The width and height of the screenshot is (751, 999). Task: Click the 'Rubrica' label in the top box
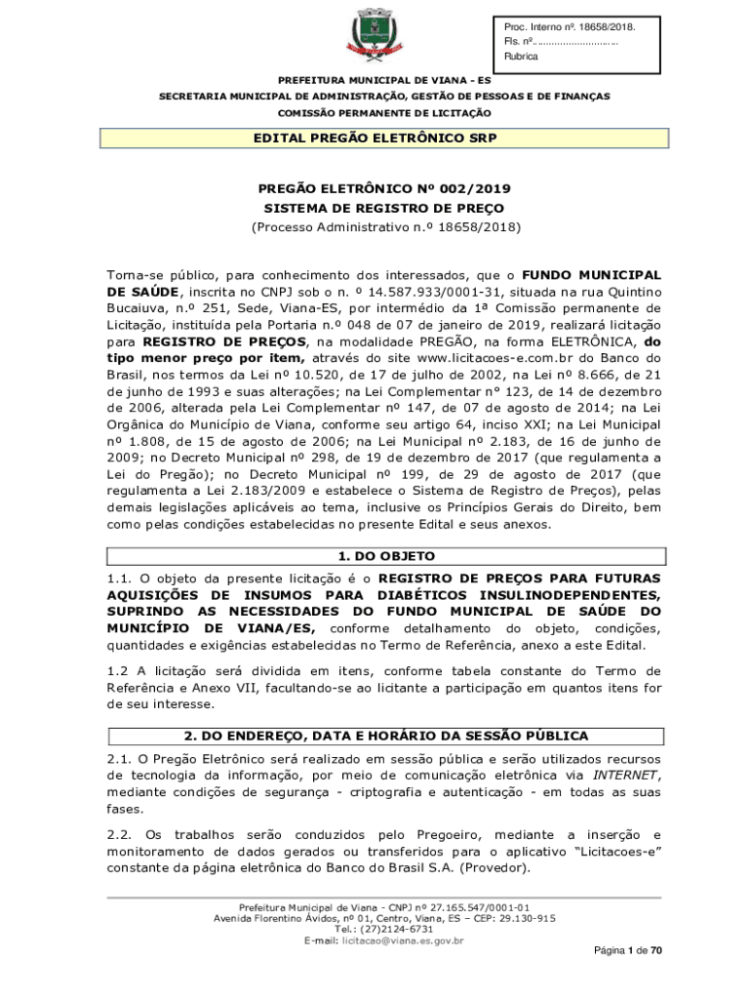[521, 58]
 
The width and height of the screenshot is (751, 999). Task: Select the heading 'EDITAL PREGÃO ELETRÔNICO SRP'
[375, 139]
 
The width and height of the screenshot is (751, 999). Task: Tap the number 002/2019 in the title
[471, 188]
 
